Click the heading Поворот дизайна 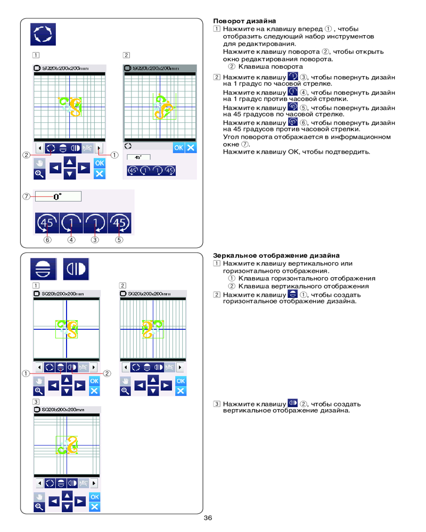[x=241, y=21]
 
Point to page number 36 [x=208, y=518]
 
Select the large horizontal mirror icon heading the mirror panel [x=43, y=270]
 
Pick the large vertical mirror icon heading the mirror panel [x=76, y=270]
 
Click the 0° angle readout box [x=58, y=196]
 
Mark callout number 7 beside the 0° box [x=26, y=196]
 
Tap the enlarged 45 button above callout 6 [x=46, y=223]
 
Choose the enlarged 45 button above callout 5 [x=119, y=223]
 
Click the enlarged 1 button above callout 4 [x=71, y=223]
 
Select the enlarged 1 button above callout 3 [x=95, y=223]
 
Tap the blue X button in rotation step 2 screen [x=191, y=148]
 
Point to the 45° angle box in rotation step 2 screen [x=139, y=157]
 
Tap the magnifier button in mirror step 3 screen [x=39, y=506]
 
